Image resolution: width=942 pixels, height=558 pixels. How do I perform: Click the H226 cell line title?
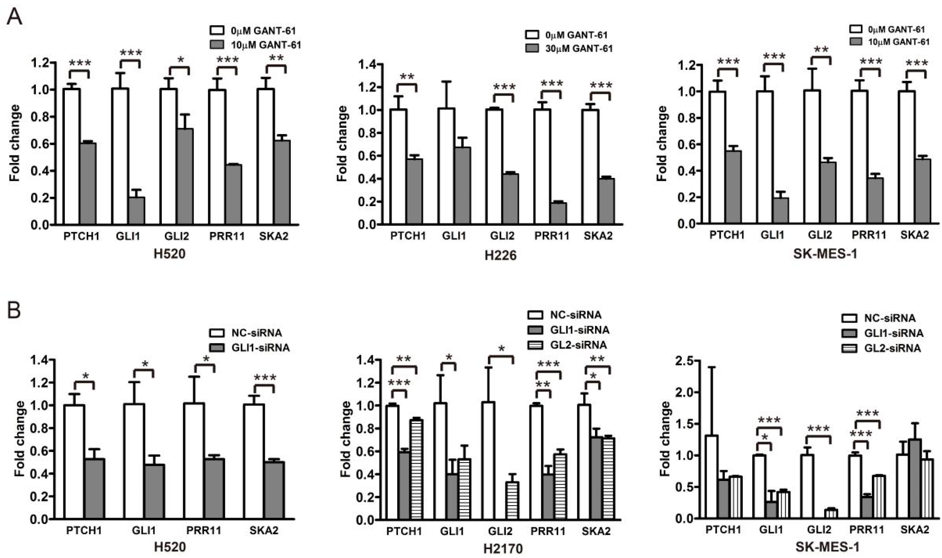tap(500, 255)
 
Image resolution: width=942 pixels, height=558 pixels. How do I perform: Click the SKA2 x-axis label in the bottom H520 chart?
tap(264, 531)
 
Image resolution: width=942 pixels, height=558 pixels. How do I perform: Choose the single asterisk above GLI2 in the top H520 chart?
tap(181, 60)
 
